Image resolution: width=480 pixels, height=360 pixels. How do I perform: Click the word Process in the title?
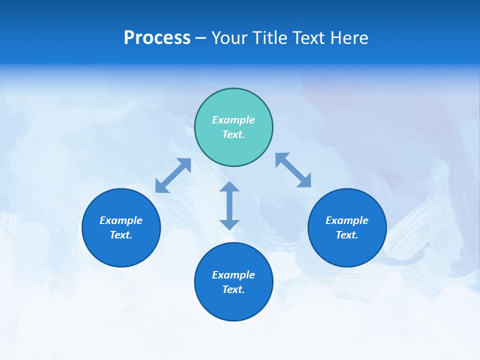click(x=157, y=38)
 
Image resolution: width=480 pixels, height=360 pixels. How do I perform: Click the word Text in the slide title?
click(x=310, y=38)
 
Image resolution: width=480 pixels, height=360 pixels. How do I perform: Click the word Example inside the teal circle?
click(x=233, y=120)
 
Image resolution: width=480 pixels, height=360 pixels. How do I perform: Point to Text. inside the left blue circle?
click(x=121, y=235)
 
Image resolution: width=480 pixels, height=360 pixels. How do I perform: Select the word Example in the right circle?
click(x=347, y=220)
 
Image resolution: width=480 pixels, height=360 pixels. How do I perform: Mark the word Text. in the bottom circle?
click(x=233, y=289)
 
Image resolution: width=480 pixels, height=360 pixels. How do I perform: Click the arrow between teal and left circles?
click(x=173, y=175)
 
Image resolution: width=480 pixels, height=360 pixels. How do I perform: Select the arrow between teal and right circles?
click(x=293, y=170)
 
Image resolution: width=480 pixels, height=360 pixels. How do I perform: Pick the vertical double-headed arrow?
click(x=229, y=205)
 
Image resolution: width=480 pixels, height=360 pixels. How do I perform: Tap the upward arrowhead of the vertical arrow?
click(x=229, y=186)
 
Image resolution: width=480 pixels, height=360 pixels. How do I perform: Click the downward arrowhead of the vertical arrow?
click(x=229, y=224)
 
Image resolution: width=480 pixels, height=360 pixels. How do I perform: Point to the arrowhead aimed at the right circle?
click(x=305, y=181)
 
